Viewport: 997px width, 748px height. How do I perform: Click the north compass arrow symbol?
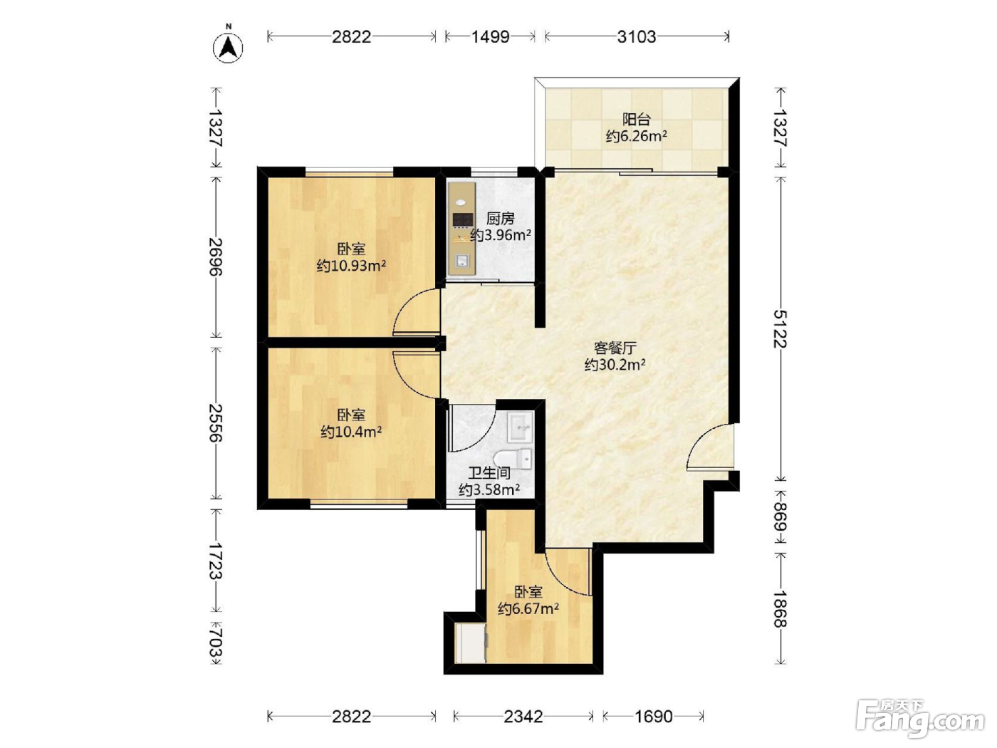tap(228, 46)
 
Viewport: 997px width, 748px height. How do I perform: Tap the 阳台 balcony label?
tap(637, 119)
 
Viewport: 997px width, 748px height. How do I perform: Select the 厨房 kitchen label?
tap(500, 219)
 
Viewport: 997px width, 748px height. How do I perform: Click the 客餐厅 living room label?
tap(615, 348)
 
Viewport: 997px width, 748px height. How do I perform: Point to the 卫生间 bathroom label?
tap(489, 473)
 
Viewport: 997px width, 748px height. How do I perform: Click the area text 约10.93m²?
tap(351, 266)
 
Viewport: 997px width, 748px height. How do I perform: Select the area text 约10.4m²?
tap(351, 432)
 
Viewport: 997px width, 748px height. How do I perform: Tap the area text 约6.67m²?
tap(528, 608)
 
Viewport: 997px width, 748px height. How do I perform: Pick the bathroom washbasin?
tap(520, 427)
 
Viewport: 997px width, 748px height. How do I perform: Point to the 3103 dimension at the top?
tap(637, 37)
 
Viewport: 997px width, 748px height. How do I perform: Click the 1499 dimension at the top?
tap(490, 37)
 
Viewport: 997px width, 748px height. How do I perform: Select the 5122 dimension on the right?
tap(781, 328)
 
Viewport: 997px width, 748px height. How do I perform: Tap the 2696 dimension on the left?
tap(216, 256)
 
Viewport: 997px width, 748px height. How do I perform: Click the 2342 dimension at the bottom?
tap(523, 717)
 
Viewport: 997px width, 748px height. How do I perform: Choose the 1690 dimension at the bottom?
tap(653, 717)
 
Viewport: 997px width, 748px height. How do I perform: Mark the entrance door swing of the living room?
tap(711, 446)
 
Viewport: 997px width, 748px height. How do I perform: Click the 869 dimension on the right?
tap(781, 517)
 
